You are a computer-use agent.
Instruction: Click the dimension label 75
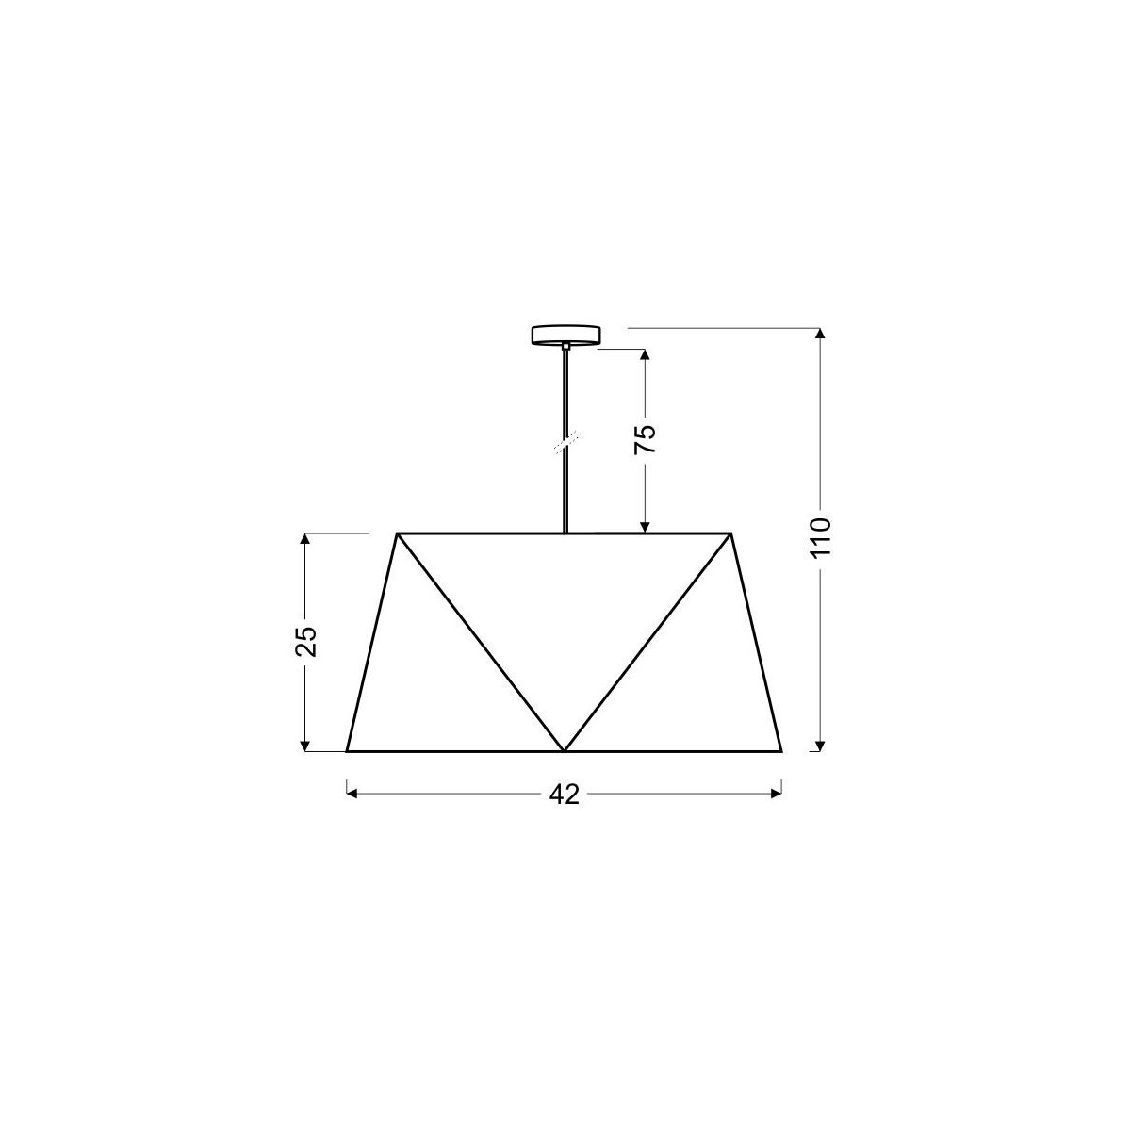645,439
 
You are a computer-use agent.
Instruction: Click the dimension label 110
820,537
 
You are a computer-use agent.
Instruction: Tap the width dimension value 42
564,795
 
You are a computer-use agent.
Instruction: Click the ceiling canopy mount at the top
565,336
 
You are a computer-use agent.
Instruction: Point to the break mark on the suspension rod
565,440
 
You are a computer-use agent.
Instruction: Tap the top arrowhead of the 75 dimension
645,355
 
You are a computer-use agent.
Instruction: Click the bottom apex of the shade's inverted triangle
564,750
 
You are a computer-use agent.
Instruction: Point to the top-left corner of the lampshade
397,533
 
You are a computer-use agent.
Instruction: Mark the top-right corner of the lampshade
732,533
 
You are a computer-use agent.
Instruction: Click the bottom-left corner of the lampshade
347,751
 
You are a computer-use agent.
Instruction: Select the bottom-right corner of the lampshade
782,751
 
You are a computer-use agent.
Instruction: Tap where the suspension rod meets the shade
565,533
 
